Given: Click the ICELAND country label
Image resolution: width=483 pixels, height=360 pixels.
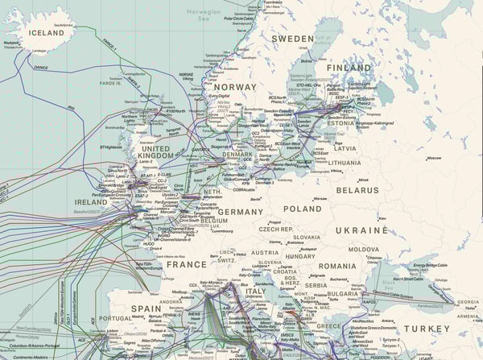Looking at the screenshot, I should pyautogui.click(x=46, y=33).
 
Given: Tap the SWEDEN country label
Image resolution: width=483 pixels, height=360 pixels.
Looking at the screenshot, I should pyautogui.click(x=292, y=39).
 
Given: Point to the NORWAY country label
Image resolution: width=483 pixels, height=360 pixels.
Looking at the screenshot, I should pyautogui.click(x=234, y=86).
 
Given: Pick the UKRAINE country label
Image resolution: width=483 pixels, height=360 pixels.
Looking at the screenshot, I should pyautogui.click(x=385, y=230).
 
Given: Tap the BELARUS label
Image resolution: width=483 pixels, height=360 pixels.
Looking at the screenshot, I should pyautogui.click(x=357, y=190).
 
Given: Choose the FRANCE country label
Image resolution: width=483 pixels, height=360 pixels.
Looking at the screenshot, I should pyautogui.click(x=186, y=263).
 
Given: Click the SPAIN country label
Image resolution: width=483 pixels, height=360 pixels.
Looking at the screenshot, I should pyautogui.click(x=146, y=308).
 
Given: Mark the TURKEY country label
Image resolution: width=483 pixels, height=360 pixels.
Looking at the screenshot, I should pyautogui.click(x=427, y=329).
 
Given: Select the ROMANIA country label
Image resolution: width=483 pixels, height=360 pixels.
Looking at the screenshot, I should pyautogui.click(x=336, y=266).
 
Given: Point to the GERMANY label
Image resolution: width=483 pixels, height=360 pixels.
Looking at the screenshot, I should pyautogui.click(x=241, y=212).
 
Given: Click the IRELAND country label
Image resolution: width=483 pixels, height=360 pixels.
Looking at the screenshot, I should pyautogui.click(x=91, y=201).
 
